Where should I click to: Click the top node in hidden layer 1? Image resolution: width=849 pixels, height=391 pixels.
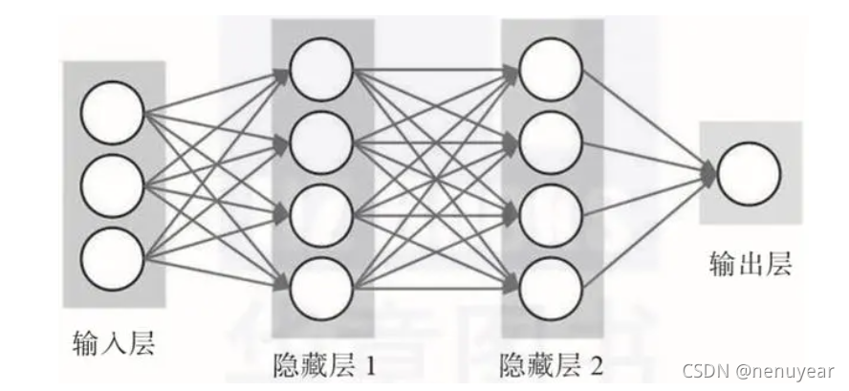pyautogui.click(x=319, y=71)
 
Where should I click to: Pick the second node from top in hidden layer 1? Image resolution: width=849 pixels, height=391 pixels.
pyautogui.click(x=319, y=142)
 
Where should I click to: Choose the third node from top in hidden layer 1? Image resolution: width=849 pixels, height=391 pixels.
pyautogui.click(x=319, y=211)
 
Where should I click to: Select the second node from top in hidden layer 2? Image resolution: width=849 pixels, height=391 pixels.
pyautogui.click(x=550, y=142)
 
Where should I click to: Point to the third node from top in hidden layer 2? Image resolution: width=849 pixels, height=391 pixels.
pyautogui.click(x=550, y=211)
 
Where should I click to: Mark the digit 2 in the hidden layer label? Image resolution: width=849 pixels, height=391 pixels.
pyautogui.click(x=598, y=363)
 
